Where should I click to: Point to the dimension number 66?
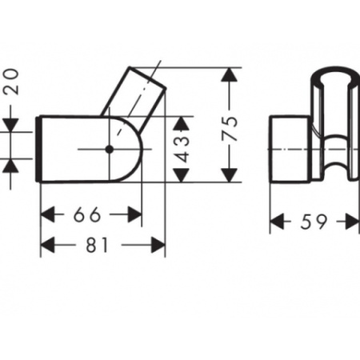click(91, 215)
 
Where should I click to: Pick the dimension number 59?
click(315, 222)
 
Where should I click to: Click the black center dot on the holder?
click(108, 149)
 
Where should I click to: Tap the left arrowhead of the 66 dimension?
click(48, 214)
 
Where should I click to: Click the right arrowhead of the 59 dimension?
click(352, 222)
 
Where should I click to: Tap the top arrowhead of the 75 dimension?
click(230, 74)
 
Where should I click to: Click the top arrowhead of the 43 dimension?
click(183, 122)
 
